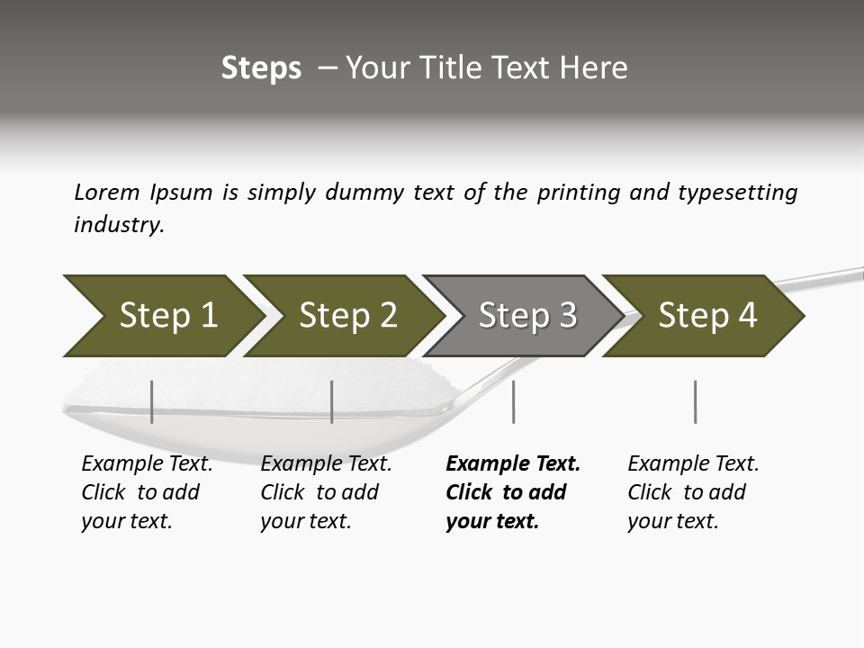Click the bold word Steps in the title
click(x=261, y=68)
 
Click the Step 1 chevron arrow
click(x=162, y=316)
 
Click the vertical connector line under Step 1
click(x=152, y=401)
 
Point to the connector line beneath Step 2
click(x=332, y=401)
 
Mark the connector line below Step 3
click(x=513, y=401)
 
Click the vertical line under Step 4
click(x=695, y=401)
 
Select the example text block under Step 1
click(x=146, y=492)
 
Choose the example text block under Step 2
click(x=325, y=492)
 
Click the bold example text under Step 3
click(x=512, y=492)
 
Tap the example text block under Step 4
click(x=692, y=492)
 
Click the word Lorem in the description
click(x=106, y=193)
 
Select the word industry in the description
click(x=117, y=226)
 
